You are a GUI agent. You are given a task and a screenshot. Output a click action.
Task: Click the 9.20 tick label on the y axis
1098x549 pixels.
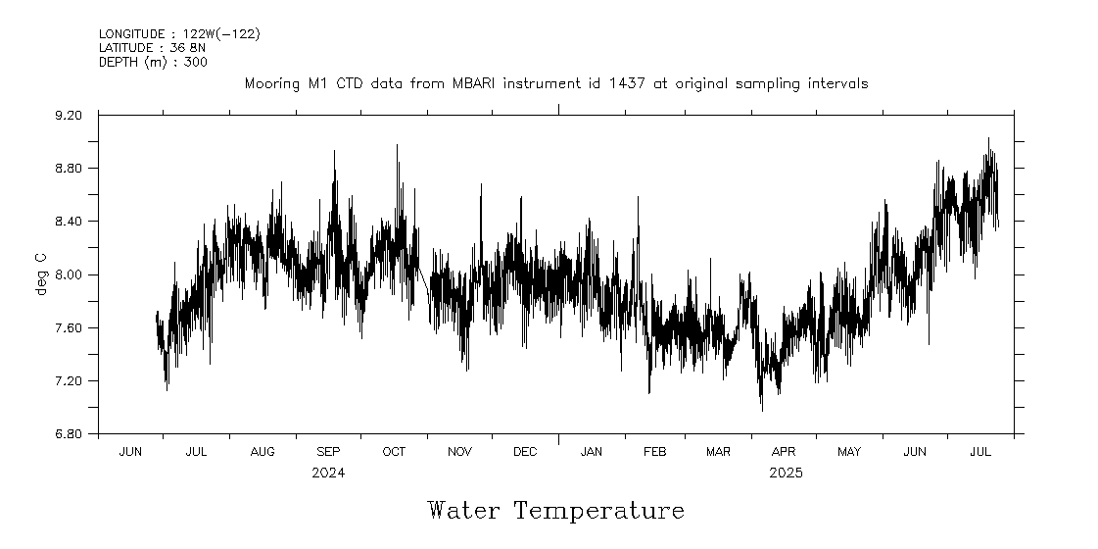coord(70,116)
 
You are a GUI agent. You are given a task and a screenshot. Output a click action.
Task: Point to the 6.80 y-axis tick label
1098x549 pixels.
coord(70,433)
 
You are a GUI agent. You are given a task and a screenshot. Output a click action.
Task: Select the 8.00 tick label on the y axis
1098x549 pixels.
coord(70,274)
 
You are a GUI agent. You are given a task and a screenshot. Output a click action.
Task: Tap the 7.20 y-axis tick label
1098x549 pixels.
coord(70,380)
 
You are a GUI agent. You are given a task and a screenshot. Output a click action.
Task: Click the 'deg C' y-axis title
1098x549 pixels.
coord(40,274)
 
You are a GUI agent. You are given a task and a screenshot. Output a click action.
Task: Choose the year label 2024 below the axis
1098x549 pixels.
coord(328,473)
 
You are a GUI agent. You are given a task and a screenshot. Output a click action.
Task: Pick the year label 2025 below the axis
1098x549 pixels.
coord(786,473)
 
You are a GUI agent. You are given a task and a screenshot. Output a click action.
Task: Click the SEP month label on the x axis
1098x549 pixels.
coord(328,452)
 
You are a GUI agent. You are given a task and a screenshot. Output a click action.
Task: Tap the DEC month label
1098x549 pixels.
coord(525,452)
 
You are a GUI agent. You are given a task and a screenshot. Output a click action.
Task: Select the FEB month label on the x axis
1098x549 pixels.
coord(654,452)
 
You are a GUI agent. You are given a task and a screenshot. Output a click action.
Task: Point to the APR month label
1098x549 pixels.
coord(784,452)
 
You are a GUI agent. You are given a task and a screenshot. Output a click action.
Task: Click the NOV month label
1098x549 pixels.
coord(459,452)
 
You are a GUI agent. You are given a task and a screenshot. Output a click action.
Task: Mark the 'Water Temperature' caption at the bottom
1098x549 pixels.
coord(555,511)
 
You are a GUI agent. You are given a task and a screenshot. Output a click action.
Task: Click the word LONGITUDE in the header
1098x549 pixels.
coord(130,34)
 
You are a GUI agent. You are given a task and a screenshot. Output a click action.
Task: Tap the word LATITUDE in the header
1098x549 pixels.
coord(126,47)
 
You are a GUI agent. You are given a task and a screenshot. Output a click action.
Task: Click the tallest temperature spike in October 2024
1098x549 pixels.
coord(397,145)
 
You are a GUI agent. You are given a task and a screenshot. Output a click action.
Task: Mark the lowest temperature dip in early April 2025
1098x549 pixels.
coord(762,410)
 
